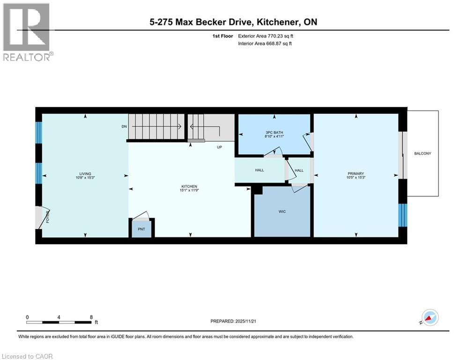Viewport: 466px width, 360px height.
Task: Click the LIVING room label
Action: click(85, 173)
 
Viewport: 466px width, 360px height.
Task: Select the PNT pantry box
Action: click(142, 230)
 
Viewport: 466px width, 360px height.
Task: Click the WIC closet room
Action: click(282, 211)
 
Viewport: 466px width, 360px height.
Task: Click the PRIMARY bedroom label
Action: click(355, 173)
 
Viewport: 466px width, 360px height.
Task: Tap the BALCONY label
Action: click(422, 153)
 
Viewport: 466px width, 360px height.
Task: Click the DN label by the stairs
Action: click(124, 127)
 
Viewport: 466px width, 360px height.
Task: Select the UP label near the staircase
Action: click(219, 147)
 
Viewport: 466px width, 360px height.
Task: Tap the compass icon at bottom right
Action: click(429, 317)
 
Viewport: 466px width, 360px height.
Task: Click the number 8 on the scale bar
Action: click(91, 317)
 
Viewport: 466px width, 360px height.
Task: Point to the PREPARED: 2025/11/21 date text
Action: click(234, 321)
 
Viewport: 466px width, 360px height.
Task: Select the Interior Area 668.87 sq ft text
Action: click(265, 44)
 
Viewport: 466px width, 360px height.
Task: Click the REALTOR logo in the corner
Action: click(27, 31)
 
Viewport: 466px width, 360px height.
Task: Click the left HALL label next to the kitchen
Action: click(259, 170)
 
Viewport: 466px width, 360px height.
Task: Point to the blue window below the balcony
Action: click(402, 214)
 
